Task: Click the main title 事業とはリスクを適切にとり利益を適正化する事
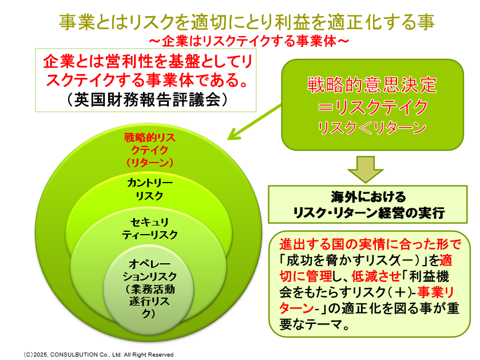(x=247, y=22)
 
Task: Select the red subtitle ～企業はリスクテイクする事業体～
(x=249, y=41)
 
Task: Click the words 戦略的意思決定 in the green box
(x=372, y=85)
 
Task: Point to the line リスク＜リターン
(x=372, y=127)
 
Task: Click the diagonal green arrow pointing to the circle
(x=254, y=122)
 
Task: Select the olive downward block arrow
(x=365, y=169)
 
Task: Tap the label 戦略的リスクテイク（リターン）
(x=150, y=150)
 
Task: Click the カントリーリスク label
(x=150, y=189)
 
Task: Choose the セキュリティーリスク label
(x=150, y=228)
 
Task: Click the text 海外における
(x=368, y=197)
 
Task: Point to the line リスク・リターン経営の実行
(x=368, y=213)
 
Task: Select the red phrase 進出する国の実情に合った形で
(x=370, y=244)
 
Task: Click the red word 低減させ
(x=376, y=276)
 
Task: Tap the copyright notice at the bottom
(x=99, y=354)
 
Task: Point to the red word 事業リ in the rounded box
(x=435, y=292)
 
